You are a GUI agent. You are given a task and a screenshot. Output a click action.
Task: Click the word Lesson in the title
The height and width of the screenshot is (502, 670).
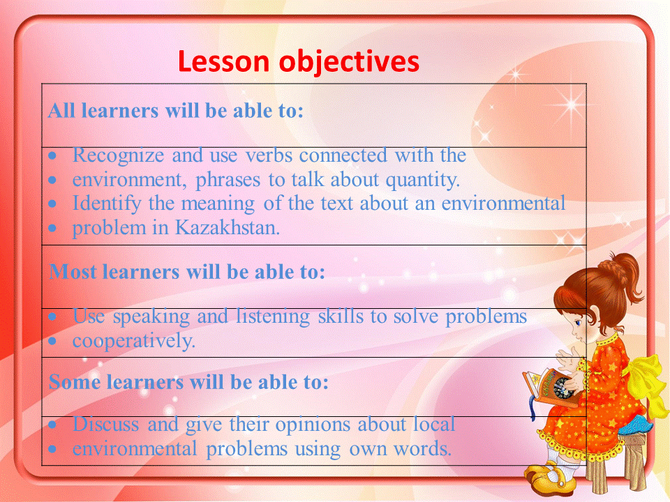(223, 61)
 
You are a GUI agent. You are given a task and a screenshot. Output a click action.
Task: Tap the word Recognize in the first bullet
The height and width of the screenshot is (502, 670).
(118, 155)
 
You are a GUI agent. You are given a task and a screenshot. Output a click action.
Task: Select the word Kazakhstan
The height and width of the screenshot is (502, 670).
(228, 227)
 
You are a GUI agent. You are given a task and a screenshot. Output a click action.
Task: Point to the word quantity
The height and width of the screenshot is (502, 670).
(423, 181)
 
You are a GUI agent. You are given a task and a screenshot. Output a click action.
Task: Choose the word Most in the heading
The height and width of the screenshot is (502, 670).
(72, 272)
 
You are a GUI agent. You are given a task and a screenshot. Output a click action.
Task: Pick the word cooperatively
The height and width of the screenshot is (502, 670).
(134, 342)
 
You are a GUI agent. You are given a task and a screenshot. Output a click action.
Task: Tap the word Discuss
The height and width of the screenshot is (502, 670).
(105, 425)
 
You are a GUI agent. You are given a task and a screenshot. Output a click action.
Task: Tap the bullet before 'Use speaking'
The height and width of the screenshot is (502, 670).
(52, 317)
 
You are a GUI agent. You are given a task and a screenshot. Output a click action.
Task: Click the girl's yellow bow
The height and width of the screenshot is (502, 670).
(648, 383)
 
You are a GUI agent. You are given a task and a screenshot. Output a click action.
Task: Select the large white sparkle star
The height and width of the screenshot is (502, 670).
(570, 104)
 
